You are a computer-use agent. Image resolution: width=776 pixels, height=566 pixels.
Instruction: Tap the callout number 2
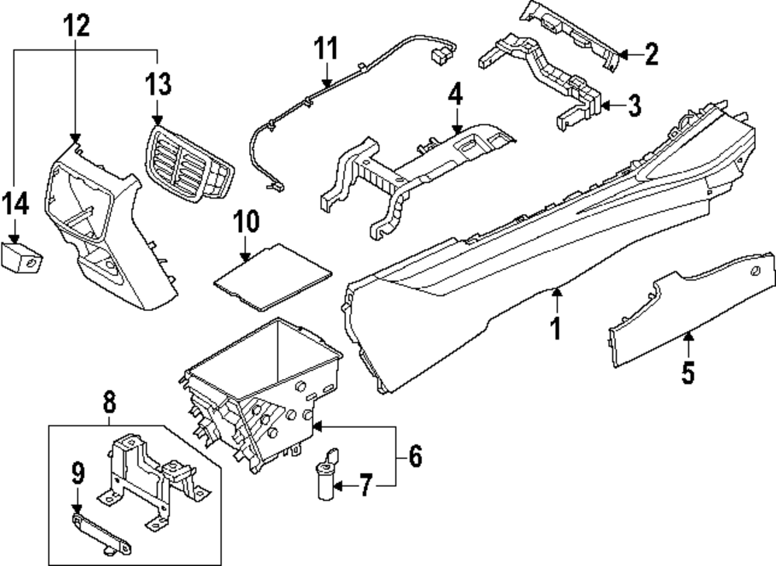coord(651,53)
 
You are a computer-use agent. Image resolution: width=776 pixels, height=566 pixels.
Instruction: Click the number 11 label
coord(327,50)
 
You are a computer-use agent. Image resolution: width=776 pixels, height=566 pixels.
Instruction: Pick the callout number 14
coord(16,205)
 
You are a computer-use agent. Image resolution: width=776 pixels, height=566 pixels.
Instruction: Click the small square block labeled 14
coord(21,255)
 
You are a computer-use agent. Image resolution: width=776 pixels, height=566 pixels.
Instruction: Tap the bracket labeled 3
coord(543,78)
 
